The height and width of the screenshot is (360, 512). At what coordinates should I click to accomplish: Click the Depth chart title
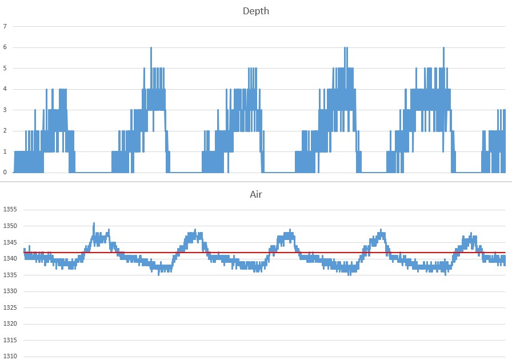[255, 11]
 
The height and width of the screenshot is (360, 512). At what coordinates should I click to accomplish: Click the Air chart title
[255, 194]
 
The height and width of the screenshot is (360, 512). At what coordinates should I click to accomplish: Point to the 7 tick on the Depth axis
[5, 26]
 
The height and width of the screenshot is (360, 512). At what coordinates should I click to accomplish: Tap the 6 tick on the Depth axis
[5, 47]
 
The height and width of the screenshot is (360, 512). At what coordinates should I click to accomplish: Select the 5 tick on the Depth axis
[5, 68]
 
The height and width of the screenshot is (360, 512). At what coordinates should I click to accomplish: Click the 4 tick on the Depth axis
[5, 89]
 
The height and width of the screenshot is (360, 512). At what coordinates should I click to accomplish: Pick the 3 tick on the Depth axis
[5, 110]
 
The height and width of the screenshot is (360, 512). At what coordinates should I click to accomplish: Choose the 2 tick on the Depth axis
[5, 131]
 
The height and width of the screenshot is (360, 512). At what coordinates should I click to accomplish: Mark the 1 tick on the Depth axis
[5, 151]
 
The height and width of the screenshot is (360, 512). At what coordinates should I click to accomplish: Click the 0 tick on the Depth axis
[5, 173]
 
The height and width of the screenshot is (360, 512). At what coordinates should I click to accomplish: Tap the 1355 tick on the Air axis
[10, 210]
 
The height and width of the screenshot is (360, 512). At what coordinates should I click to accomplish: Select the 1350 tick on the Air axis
[10, 226]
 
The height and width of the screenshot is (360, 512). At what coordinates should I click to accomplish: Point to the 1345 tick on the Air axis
[10, 242]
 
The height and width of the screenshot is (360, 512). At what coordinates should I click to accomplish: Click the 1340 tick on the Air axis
[10, 259]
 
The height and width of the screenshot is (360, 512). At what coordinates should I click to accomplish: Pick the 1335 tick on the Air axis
[10, 275]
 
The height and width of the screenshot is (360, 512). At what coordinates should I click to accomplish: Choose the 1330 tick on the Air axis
[10, 291]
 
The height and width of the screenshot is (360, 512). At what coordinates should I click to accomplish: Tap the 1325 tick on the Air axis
[10, 308]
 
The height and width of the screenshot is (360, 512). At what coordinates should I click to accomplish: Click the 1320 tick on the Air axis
[10, 324]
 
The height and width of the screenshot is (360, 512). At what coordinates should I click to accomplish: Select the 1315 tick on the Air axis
[10, 341]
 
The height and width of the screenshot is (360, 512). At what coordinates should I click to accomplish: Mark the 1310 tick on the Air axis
[10, 357]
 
